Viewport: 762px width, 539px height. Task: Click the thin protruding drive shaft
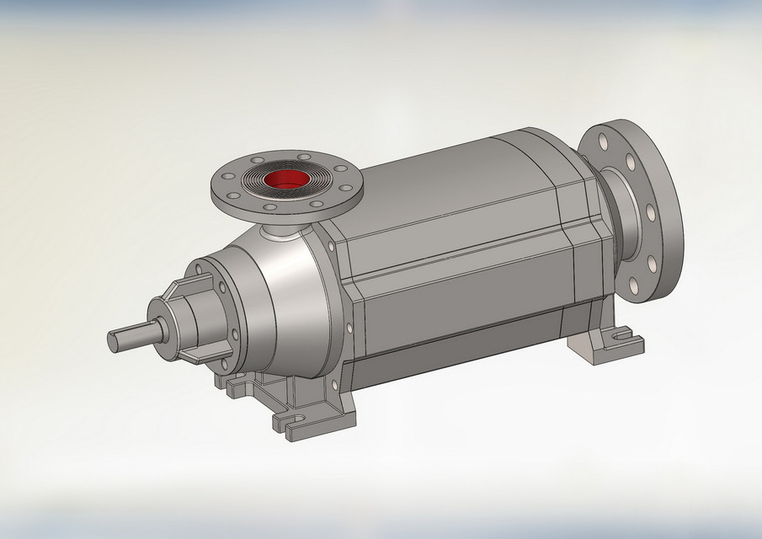click(135, 335)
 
